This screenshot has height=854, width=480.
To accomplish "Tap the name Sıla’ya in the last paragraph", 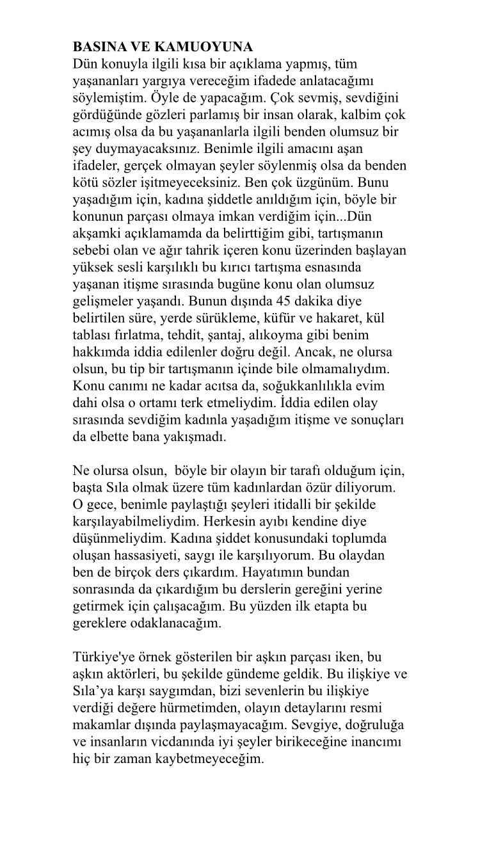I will coord(93,691).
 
